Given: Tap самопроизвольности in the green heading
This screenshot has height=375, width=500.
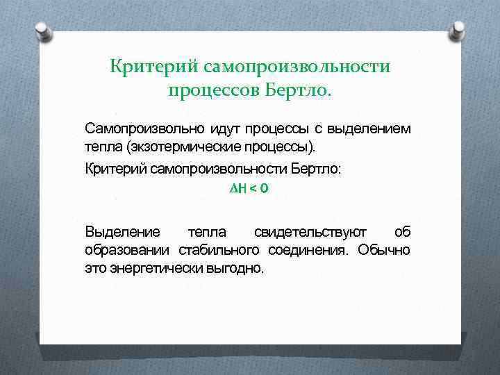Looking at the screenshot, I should [297, 67].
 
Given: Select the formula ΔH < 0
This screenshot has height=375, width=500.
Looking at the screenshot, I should [248, 189].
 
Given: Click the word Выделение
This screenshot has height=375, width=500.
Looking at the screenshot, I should [122, 231].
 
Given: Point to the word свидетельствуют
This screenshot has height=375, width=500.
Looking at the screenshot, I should [310, 231].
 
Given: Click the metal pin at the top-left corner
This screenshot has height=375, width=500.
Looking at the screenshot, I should [42, 32].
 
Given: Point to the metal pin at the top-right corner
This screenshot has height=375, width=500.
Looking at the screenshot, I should [458, 31].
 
